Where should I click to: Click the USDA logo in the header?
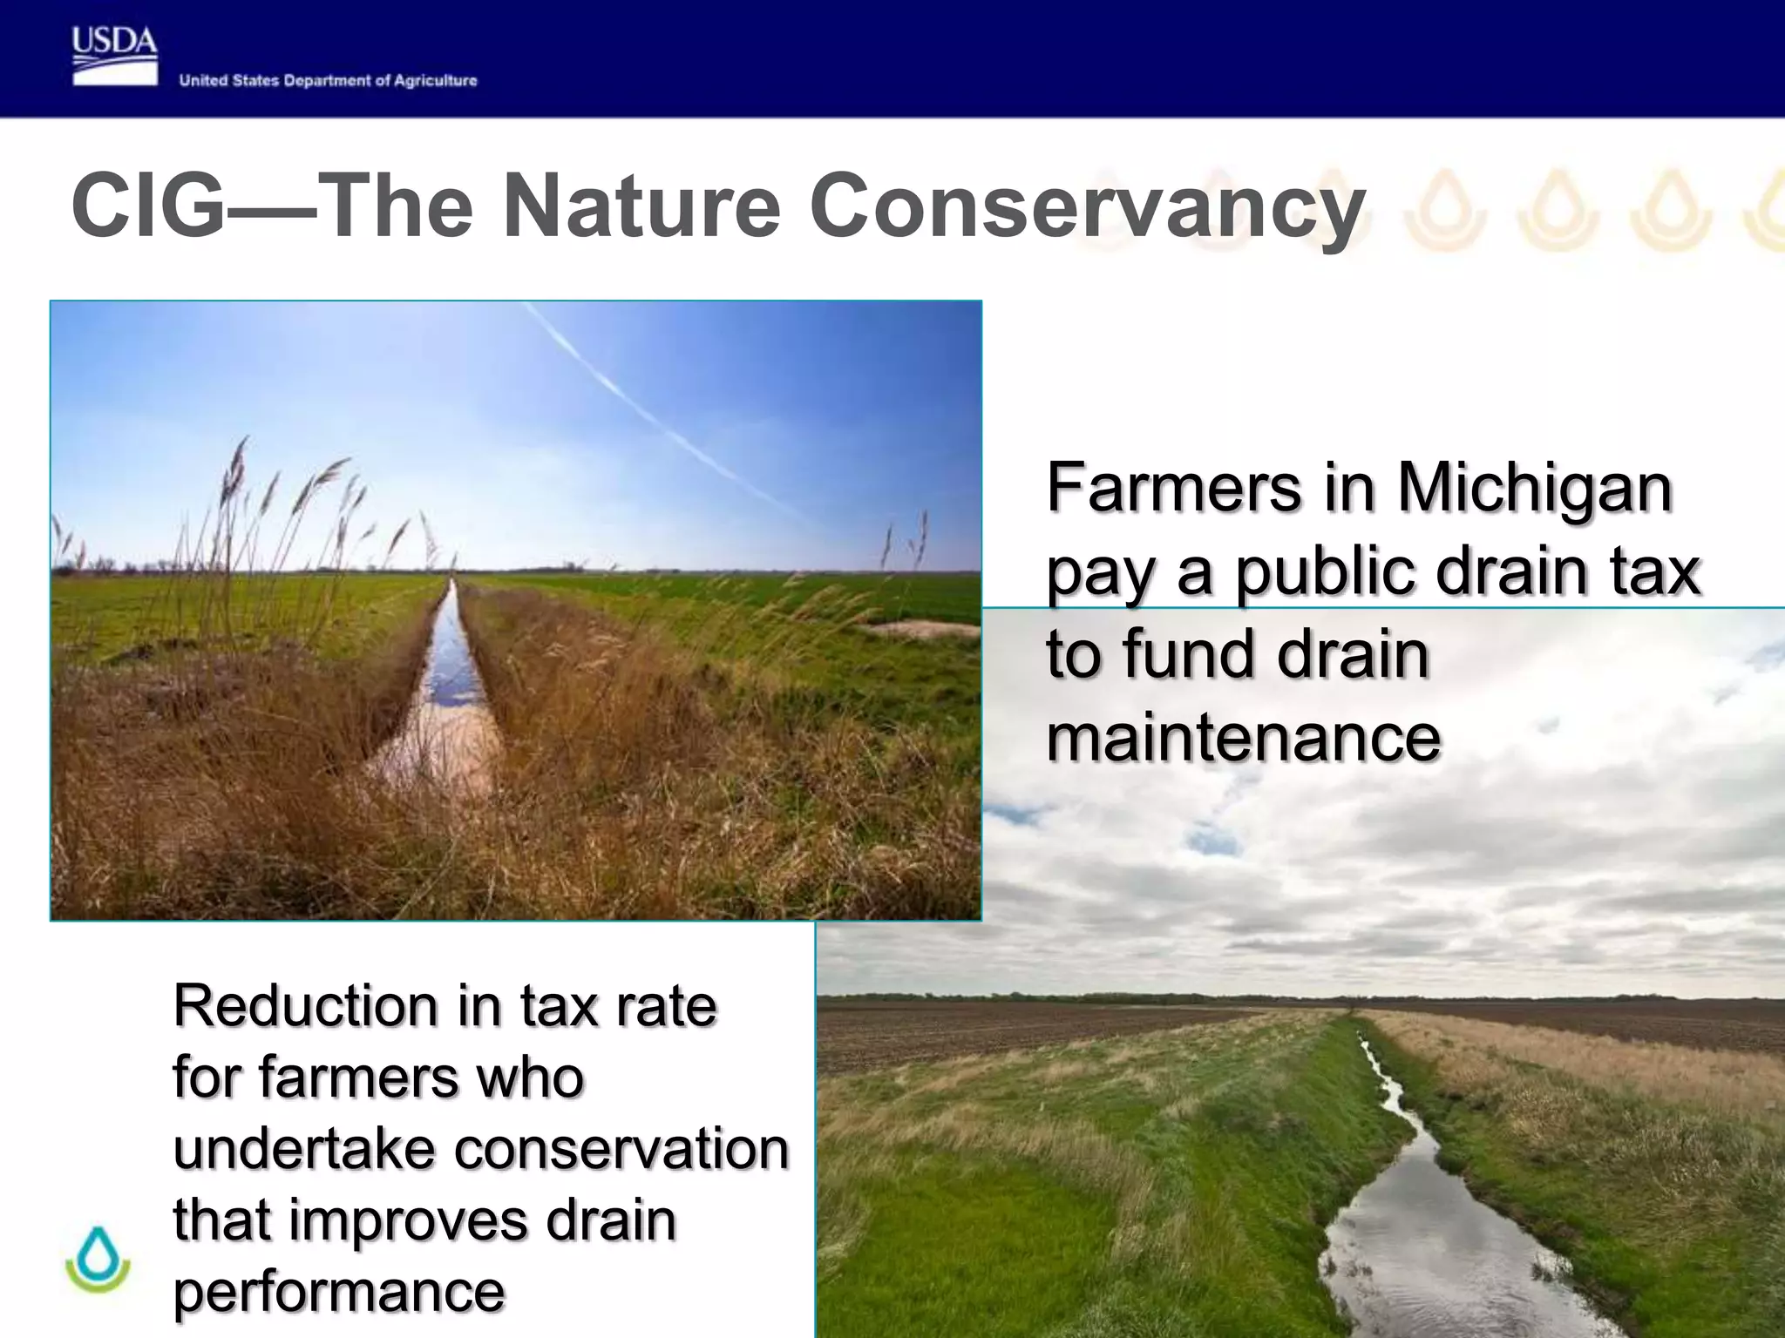(x=114, y=56)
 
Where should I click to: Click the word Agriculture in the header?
(x=435, y=81)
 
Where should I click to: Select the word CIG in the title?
(x=148, y=206)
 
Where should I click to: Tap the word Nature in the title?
(x=641, y=206)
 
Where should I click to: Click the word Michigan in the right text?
(x=1534, y=490)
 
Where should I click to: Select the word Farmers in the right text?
(x=1173, y=488)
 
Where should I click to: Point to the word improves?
(x=408, y=1220)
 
